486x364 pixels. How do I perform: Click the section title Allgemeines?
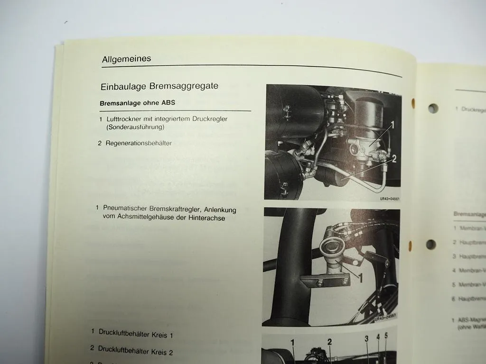(126, 59)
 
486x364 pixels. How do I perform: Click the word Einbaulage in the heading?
(123, 87)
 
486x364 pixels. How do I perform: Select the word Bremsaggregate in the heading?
(184, 86)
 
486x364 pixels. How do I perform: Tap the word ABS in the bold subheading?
(168, 103)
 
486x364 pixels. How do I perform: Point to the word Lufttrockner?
(125, 119)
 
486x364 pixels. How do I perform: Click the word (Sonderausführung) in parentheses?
(135, 127)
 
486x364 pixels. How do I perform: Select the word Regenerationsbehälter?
(139, 143)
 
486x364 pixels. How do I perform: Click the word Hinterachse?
(206, 218)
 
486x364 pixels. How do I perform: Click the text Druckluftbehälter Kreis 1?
(136, 334)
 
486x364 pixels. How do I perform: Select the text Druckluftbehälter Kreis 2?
(135, 351)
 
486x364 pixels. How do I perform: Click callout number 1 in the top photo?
(393, 125)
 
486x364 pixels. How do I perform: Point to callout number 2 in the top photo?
(394, 158)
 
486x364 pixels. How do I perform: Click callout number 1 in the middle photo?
(360, 278)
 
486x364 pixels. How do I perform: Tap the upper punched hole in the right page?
(433, 109)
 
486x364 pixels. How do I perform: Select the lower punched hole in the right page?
(431, 245)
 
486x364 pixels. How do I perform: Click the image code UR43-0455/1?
(390, 199)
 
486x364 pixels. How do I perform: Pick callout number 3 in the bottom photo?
(366, 338)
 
